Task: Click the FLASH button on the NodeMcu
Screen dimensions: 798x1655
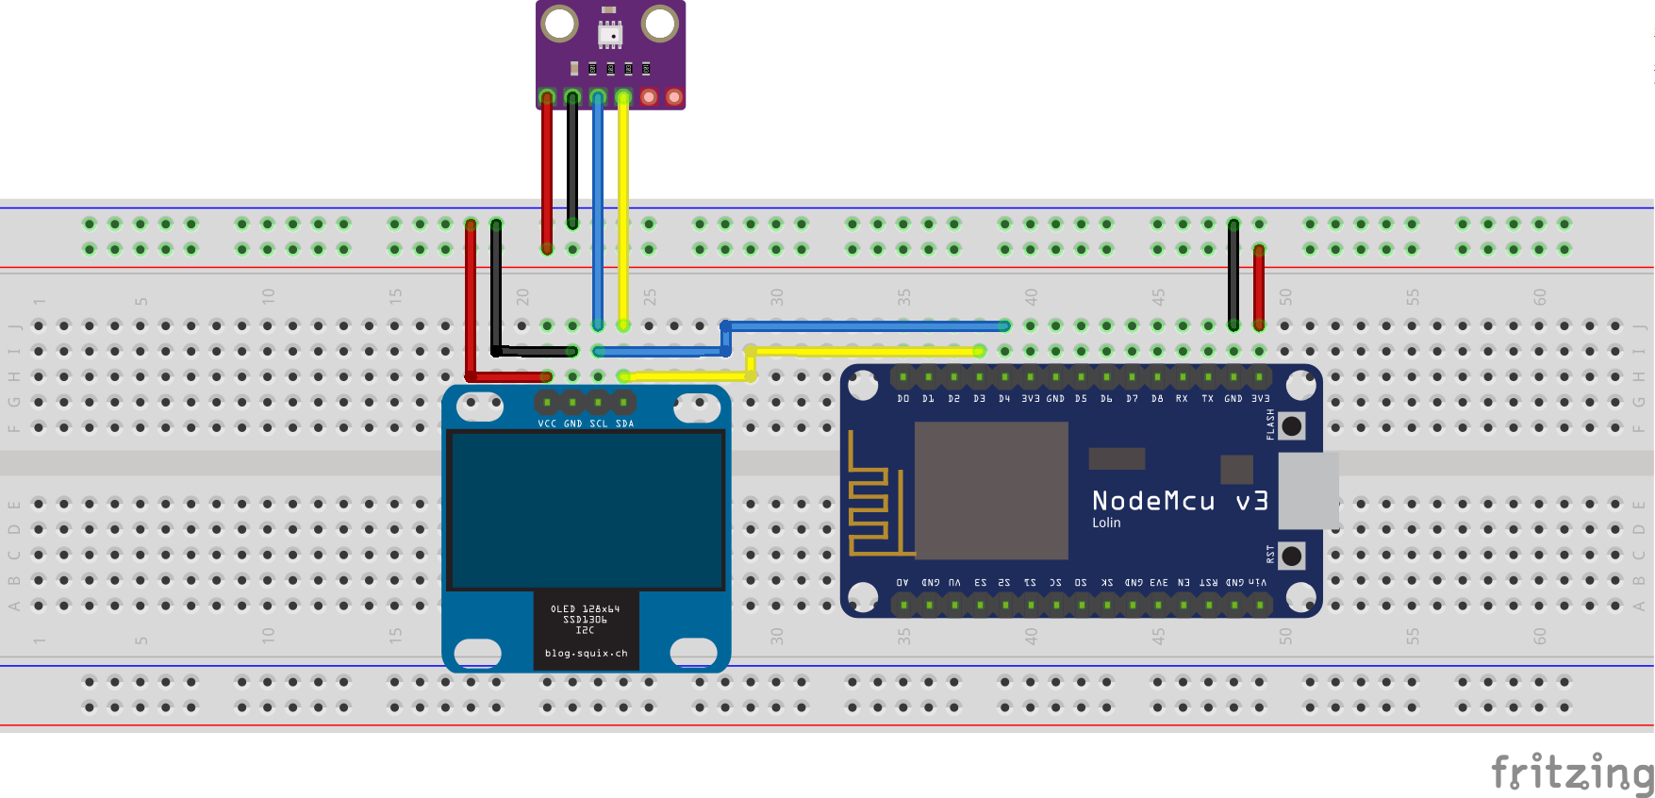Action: pyautogui.click(x=1291, y=426)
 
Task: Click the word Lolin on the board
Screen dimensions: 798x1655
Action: pyautogui.click(x=1106, y=523)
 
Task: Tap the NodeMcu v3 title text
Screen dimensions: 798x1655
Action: pyautogui.click(x=1179, y=501)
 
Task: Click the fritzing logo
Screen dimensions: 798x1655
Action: pyautogui.click(x=1571, y=773)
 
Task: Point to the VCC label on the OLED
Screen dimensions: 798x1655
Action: pyautogui.click(x=547, y=424)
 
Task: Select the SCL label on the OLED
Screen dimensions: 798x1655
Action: pyautogui.click(x=599, y=424)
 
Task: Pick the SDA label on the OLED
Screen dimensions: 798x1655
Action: pyautogui.click(x=624, y=424)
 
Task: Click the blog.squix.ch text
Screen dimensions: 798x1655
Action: pyautogui.click(x=586, y=653)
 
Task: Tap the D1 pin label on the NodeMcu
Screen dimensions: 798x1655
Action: pyautogui.click(x=929, y=399)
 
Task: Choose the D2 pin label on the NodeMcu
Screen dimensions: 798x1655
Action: pyautogui.click(x=954, y=399)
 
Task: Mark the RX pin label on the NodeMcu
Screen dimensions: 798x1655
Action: pyautogui.click(x=1182, y=399)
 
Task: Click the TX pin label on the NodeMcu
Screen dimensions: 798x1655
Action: pyautogui.click(x=1207, y=399)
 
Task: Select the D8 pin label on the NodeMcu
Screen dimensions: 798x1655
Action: pyautogui.click(x=1157, y=399)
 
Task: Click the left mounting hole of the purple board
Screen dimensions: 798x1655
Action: pyautogui.click(x=560, y=24)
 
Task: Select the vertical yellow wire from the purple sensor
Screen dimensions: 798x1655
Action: pyautogui.click(x=623, y=208)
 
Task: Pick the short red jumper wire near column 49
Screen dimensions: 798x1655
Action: pyautogui.click(x=1259, y=288)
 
